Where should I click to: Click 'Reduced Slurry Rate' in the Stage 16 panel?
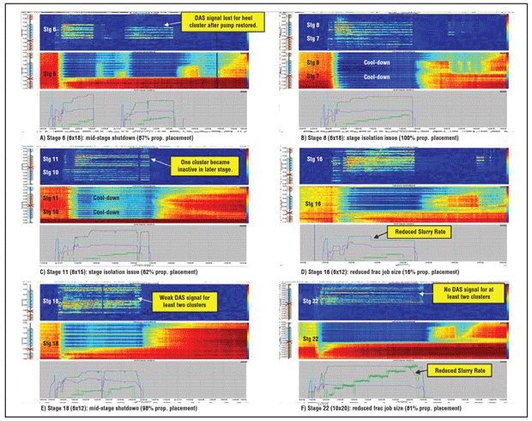(x=415, y=232)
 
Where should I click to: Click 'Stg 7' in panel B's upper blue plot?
(x=312, y=39)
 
